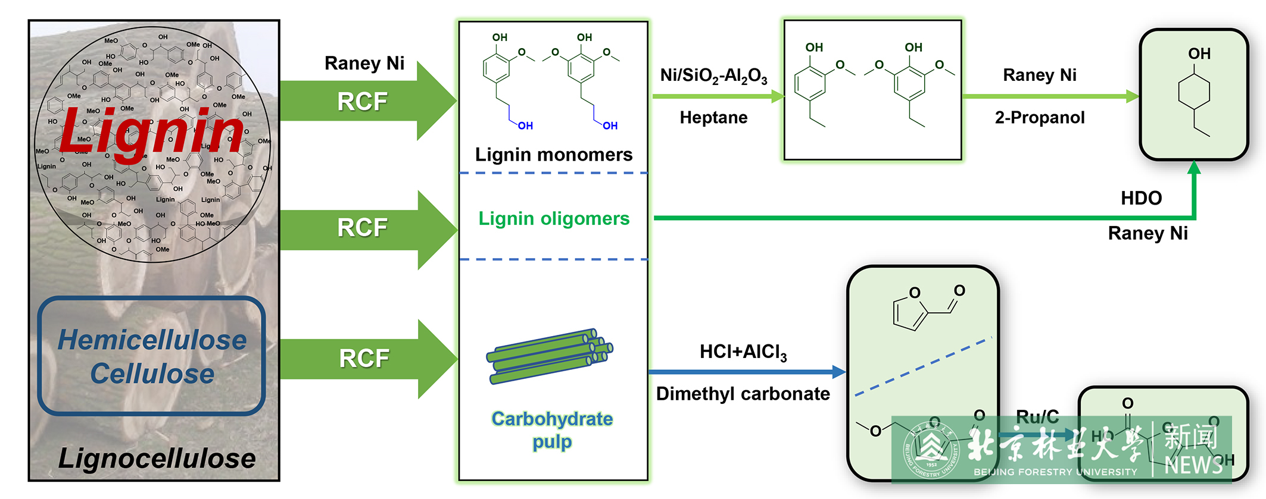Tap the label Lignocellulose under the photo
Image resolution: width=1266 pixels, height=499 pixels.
tap(157, 459)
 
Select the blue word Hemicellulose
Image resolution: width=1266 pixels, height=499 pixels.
tap(152, 340)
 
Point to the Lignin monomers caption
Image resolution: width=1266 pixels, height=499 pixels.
tap(553, 155)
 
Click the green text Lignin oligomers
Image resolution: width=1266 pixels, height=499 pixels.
tap(554, 219)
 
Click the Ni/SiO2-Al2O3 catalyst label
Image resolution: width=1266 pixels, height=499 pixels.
tap(713, 76)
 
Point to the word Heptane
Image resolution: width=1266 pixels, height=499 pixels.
tap(713, 118)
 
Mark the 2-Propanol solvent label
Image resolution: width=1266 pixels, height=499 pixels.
tap(1039, 118)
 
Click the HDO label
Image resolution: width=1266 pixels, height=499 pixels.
tap(1141, 198)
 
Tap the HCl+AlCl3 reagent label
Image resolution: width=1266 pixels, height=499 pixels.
tap(743, 352)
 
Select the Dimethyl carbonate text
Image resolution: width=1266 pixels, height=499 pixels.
tap(743, 394)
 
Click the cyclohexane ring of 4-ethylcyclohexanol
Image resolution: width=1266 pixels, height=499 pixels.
tap(1193, 92)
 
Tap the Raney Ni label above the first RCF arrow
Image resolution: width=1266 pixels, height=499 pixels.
tap(364, 63)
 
